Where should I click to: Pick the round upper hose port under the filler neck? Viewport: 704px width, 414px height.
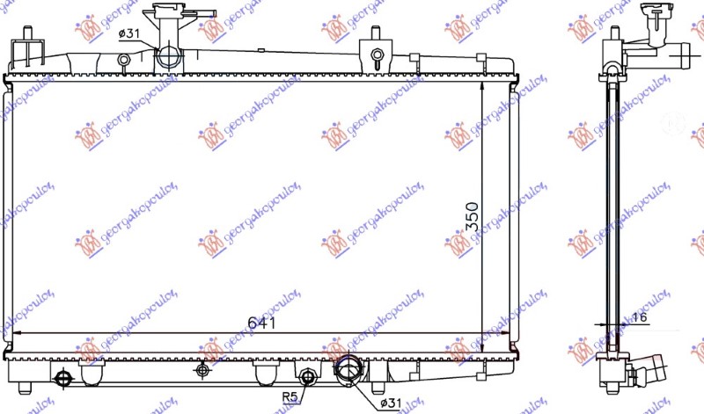[168, 58]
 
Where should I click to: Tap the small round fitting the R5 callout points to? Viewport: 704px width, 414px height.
[308, 378]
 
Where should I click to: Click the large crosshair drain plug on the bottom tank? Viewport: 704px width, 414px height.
[62, 379]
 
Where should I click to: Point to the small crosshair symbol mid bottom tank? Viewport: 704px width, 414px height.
[203, 370]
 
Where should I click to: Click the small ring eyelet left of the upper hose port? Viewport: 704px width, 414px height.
[123, 60]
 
